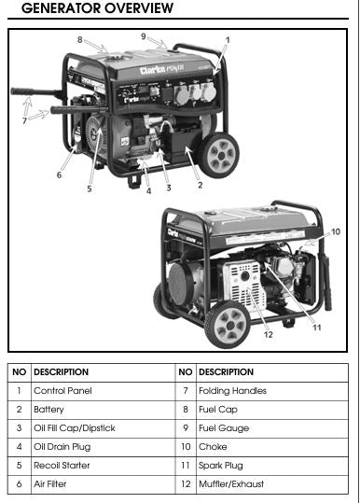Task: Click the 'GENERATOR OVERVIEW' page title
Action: [x=97, y=8]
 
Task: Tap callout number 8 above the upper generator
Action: [x=80, y=40]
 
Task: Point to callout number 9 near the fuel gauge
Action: [x=144, y=36]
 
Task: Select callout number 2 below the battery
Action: [x=200, y=185]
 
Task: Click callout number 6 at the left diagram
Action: [x=59, y=175]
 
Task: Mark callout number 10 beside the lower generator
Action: [x=336, y=231]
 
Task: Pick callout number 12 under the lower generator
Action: [x=269, y=335]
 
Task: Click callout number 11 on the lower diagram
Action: [x=317, y=328]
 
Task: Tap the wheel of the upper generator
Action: [x=218, y=155]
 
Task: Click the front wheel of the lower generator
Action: [x=228, y=325]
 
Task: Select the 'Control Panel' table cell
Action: [x=62, y=391]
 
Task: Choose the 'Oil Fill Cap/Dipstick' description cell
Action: [x=75, y=428]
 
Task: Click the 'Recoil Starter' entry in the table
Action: [x=62, y=465]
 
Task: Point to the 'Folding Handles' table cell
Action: [x=232, y=391]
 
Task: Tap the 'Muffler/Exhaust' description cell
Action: [x=231, y=483]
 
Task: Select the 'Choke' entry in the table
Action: [x=213, y=446]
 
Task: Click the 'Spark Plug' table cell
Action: [x=221, y=466]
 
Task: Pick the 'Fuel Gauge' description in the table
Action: [x=224, y=428]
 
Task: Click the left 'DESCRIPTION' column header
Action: [x=62, y=372]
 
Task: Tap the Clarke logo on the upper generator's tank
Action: [x=162, y=69]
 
